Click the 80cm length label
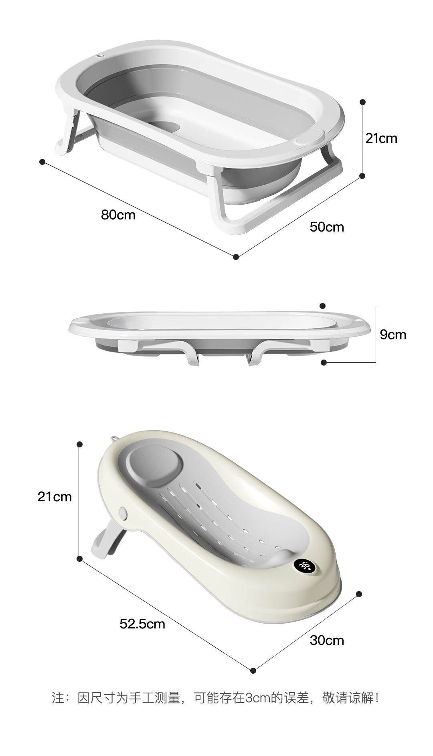118,215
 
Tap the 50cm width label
327,227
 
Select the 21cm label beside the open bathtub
381,138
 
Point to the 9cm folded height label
393,335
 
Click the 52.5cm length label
142,624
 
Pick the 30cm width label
327,640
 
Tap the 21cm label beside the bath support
55,497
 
